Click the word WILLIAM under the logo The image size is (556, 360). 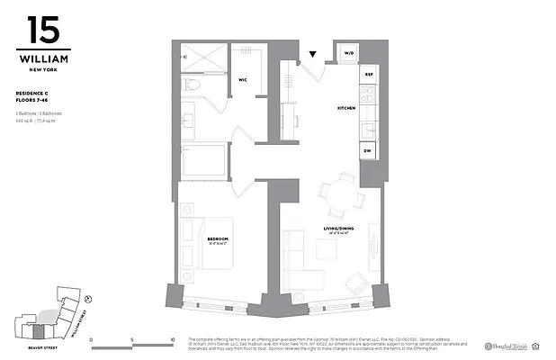point(43,59)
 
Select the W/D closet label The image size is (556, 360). point(348,54)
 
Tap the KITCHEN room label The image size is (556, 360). point(346,108)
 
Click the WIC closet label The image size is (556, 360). point(243,80)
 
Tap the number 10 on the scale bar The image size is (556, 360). point(172,340)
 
